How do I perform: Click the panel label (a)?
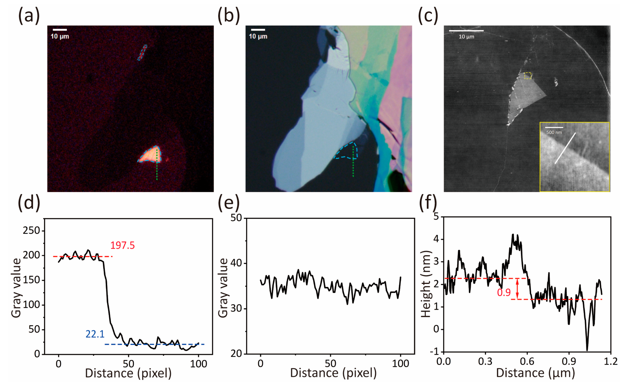[29, 16]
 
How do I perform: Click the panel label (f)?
[428, 203]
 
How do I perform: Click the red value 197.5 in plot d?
[122, 246]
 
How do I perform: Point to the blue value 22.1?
[95, 334]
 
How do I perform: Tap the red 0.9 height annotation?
[504, 293]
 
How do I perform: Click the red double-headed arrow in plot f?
[517, 289]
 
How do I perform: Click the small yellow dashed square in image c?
[528, 76]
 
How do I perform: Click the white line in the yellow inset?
[565, 148]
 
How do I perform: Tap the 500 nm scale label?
[554, 132]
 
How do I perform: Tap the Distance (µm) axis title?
[535, 373]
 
